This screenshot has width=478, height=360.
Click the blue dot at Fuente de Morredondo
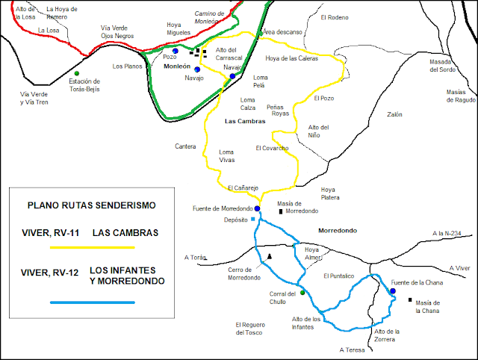(257, 208)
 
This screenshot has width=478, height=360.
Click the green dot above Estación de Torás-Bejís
(77, 72)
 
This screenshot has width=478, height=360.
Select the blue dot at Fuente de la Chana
(392, 291)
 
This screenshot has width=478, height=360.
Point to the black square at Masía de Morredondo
(282, 212)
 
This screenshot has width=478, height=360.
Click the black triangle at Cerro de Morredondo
(270, 257)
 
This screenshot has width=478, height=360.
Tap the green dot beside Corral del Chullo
(302, 293)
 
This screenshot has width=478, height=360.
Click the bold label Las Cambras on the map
(243, 120)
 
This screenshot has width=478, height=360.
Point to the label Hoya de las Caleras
(292, 58)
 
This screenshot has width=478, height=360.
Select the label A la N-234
(447, 234)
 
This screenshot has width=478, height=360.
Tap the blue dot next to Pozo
(175, 51)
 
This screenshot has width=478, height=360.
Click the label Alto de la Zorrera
(388, 335)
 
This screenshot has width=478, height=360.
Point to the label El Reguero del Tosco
(251, 328)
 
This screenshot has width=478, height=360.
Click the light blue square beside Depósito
(253, 220)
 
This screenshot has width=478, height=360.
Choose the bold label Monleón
(177, 66)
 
